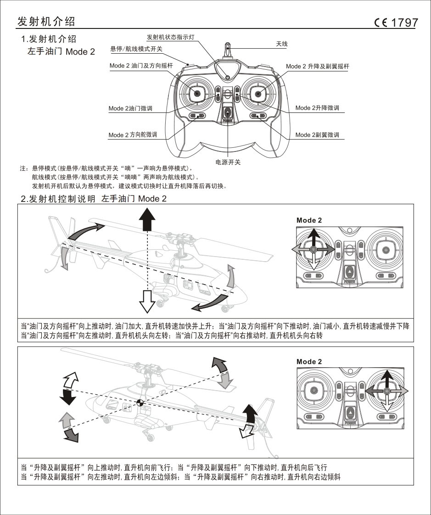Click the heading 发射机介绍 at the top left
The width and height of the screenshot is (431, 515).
(46, 22)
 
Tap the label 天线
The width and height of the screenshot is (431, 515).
(281, 44)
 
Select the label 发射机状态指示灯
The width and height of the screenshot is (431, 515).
(173, 36)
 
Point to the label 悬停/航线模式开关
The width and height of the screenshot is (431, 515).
(136, 49)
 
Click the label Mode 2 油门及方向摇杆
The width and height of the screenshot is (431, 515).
(141, 66)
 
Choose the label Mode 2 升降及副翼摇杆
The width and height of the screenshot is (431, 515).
(317, 67)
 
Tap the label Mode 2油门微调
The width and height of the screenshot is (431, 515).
(130, 109)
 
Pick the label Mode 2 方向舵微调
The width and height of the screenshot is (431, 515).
(133, 135)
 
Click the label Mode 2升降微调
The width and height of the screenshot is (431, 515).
(317, 108)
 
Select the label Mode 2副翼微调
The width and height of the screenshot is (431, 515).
(317, 135)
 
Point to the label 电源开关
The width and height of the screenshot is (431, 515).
(228, 162)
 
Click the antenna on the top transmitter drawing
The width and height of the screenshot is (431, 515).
(227, 50)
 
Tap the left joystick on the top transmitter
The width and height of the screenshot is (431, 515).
(197, 94)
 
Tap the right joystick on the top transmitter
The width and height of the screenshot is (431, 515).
(258, 94)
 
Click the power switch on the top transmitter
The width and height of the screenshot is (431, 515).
(228, 112)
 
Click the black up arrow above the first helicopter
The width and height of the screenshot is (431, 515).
(147, 218)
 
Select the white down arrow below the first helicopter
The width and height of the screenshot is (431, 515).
(147, 301)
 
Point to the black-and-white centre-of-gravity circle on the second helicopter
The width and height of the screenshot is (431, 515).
(140, 403)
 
